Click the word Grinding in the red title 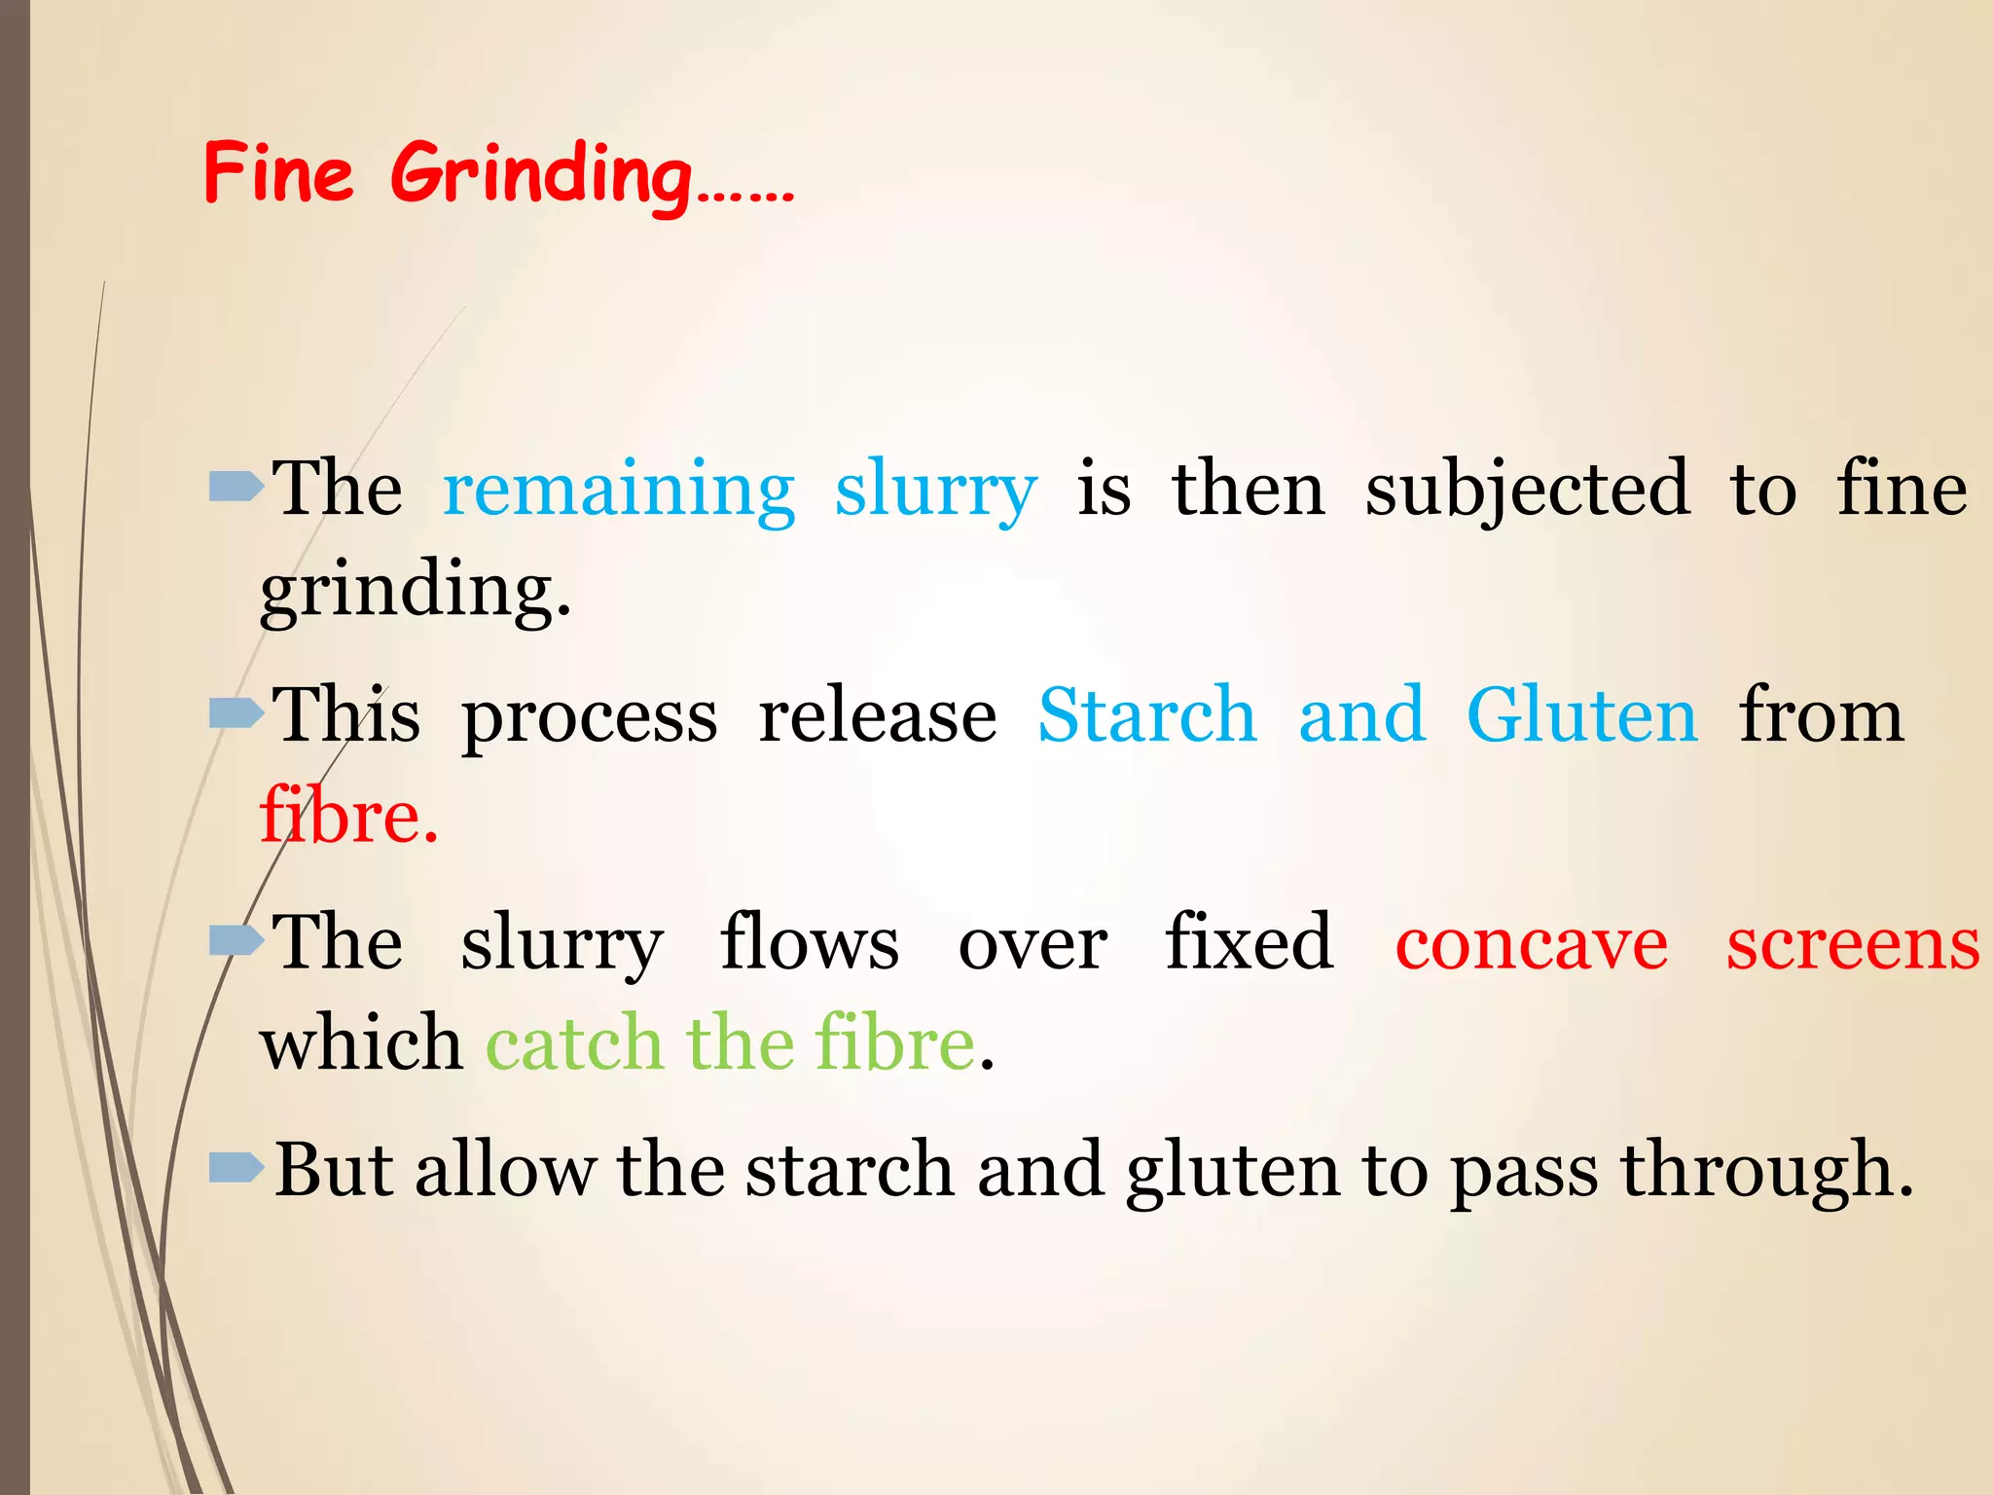point(541,175)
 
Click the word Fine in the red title point(278,172)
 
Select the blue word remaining point(619,490)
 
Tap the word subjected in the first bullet point(1527,490)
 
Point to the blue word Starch point(1147,716)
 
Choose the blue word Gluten point(1582,716)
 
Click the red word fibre point(348,816)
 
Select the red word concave point(1531,944)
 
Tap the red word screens point(1853,944)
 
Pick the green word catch point(574,1043)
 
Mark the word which point(361,1043)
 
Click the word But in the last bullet point(334,1170)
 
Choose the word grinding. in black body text point(416,592)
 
